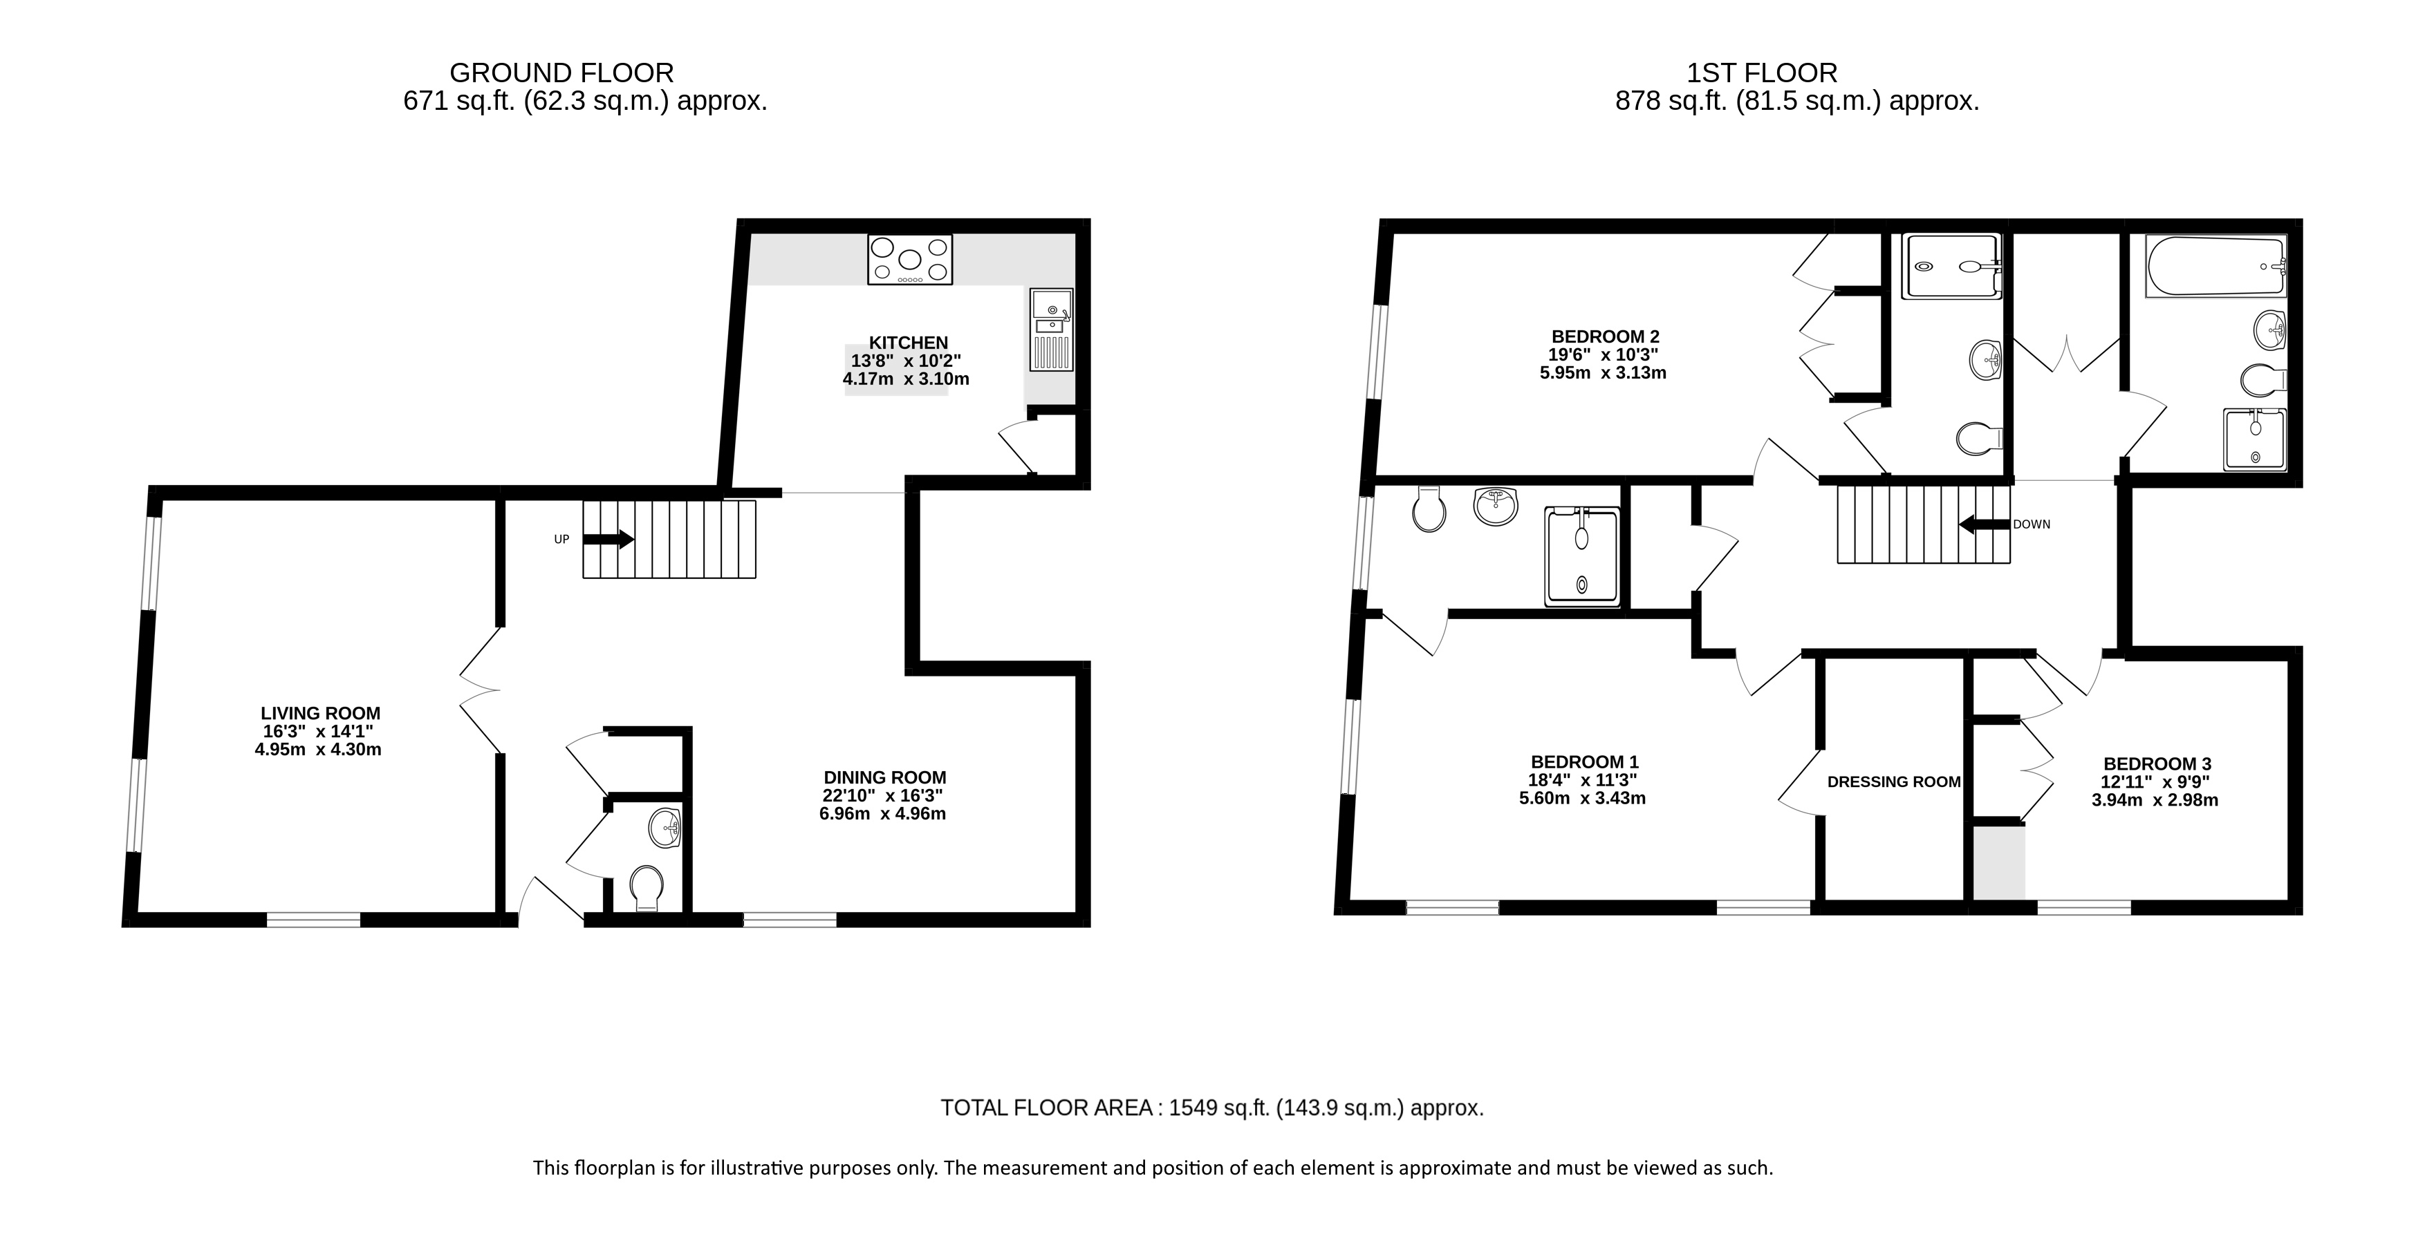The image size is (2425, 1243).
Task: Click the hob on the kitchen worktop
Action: (909, 259)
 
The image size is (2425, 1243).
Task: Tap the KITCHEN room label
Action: (909, 343)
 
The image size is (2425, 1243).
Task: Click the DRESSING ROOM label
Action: (1894, 782)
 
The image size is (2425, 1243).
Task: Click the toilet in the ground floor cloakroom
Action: (646, 889)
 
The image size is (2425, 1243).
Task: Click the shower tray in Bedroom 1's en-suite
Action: (1583, 556)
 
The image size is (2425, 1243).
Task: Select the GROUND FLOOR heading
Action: (562, 73)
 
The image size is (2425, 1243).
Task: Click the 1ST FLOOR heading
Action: (1761, 73)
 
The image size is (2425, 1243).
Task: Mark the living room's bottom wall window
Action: (313, 920)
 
